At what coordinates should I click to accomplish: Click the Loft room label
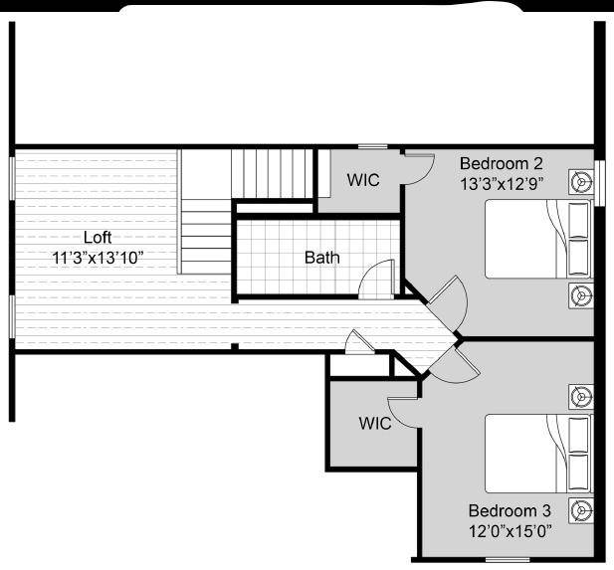[98, 238]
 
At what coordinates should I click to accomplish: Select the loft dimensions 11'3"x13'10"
[98, 257]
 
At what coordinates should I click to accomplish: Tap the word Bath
[321, 258]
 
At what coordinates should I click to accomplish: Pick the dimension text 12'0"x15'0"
[511, 530]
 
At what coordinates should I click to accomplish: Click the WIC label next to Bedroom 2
[363, 180]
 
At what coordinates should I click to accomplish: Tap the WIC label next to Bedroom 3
[375, 423]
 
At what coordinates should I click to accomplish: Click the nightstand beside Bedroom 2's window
[581, 182]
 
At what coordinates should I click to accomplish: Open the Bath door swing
[378, 282]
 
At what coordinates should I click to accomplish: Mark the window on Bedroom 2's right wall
[599, 181]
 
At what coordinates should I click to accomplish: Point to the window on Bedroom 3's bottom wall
[582, 560]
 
